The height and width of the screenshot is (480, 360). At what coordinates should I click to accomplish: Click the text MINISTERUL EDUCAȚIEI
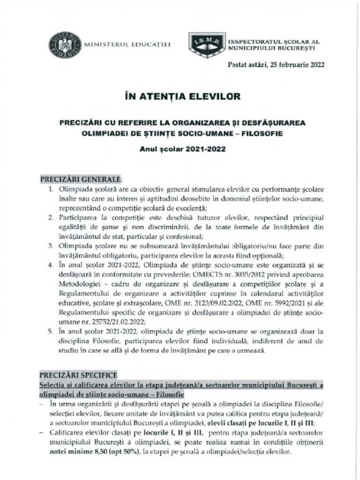coord(127,45)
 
